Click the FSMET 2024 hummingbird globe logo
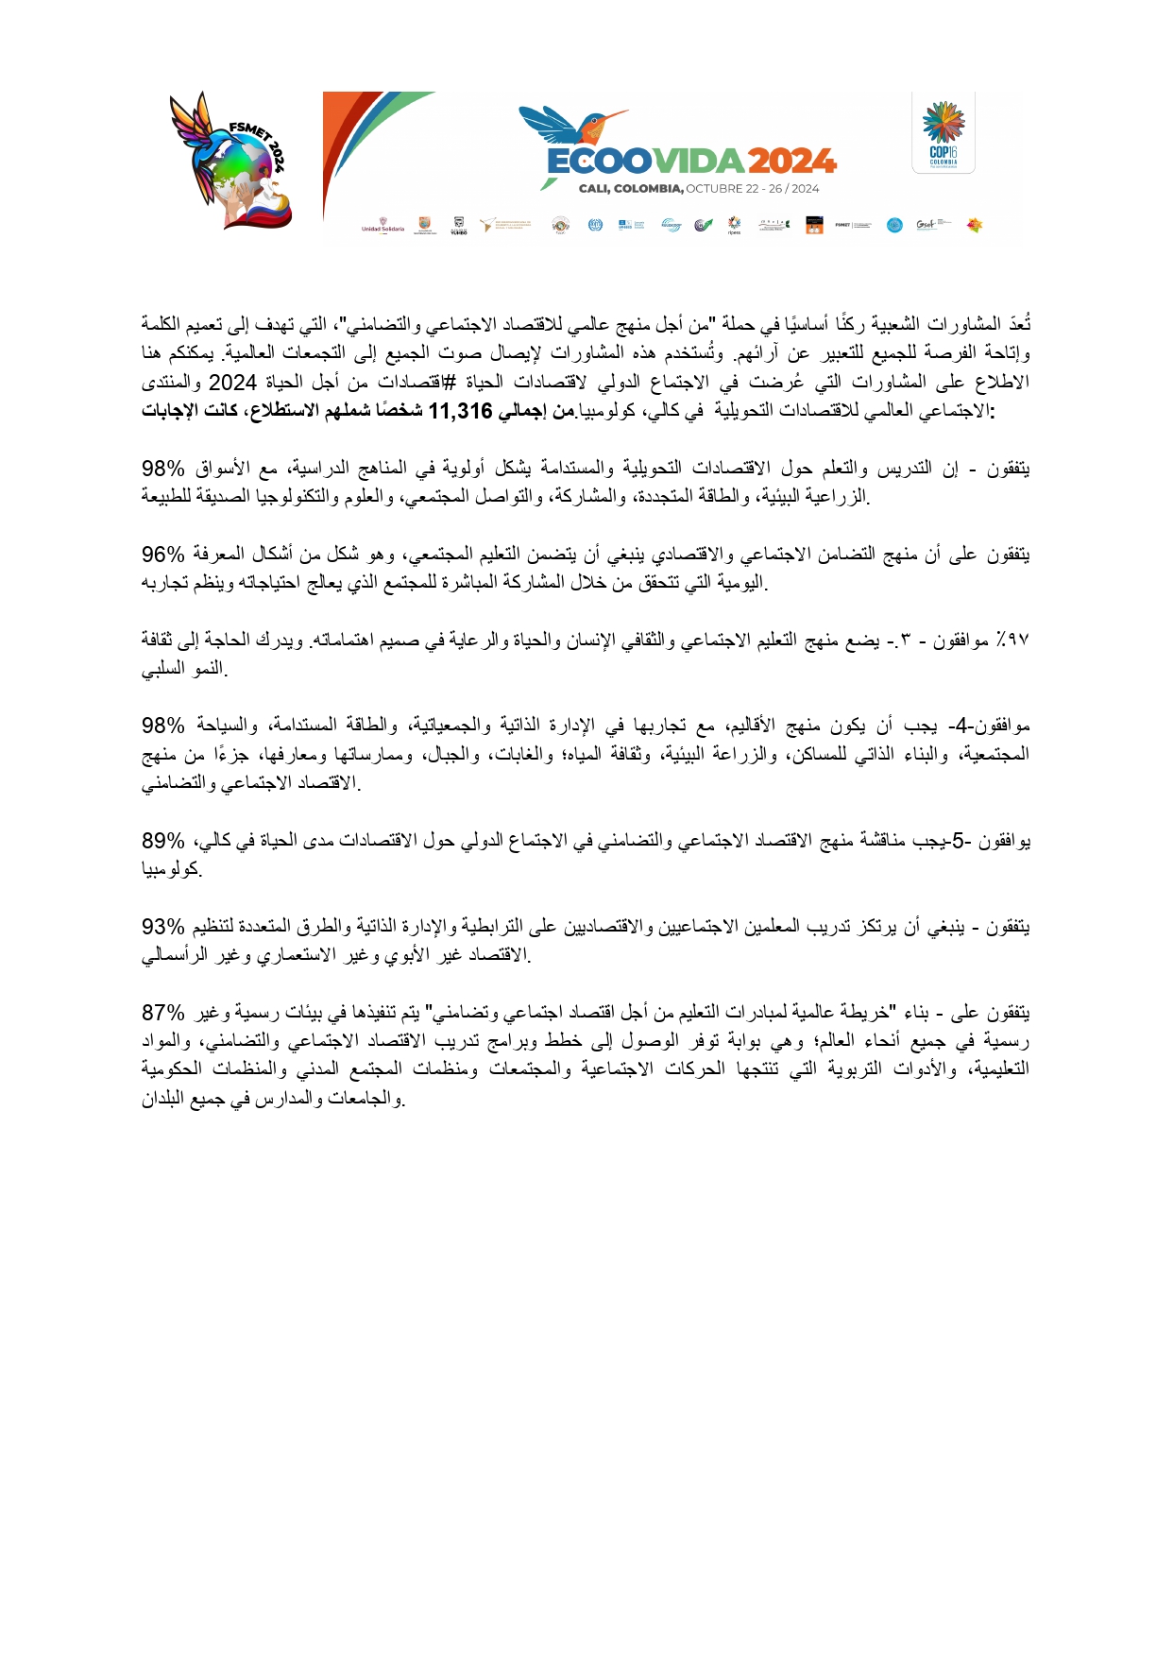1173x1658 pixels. [229, 160]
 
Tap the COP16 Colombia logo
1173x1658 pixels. [943, 133]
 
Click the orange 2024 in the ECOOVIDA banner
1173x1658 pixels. [791, 162]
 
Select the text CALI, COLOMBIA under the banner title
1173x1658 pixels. [630, 188]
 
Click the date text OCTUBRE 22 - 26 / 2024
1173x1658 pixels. [753, 188]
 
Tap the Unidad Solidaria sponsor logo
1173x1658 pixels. [382, 225]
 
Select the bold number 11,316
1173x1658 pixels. [461, 411]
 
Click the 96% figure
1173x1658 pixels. [163, 554]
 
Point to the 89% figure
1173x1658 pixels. [163, 840]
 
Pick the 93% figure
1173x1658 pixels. [163, 926]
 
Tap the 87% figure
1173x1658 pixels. [163, 1013]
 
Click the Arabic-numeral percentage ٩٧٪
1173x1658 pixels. [1011, 641]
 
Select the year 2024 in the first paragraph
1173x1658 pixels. [232, 383]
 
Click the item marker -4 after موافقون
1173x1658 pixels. [960, 726]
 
